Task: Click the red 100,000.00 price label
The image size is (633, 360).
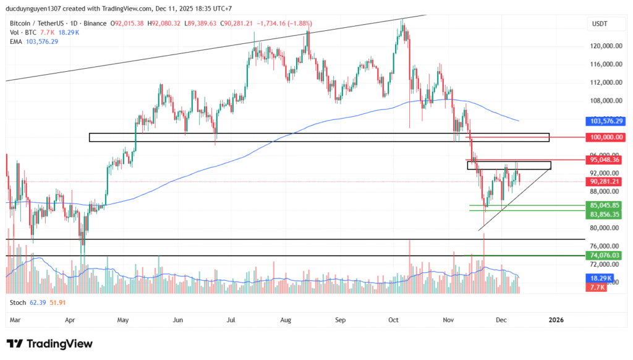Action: tap(605, 137)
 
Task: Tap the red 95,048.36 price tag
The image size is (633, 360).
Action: tap(605, 160)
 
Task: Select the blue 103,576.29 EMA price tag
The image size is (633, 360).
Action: tap(605, 121)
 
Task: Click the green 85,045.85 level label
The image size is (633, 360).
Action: tap(605, 205)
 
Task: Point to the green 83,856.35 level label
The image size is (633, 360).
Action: tap(605, 214)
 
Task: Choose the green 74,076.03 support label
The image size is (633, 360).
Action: tap(605, 255)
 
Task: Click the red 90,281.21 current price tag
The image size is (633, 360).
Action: tap(605, 181)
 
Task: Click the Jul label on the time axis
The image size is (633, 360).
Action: tap(232, 320)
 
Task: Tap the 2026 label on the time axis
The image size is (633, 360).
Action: tap(556, 320)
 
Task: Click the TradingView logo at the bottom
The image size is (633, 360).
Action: tap(49, 344)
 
